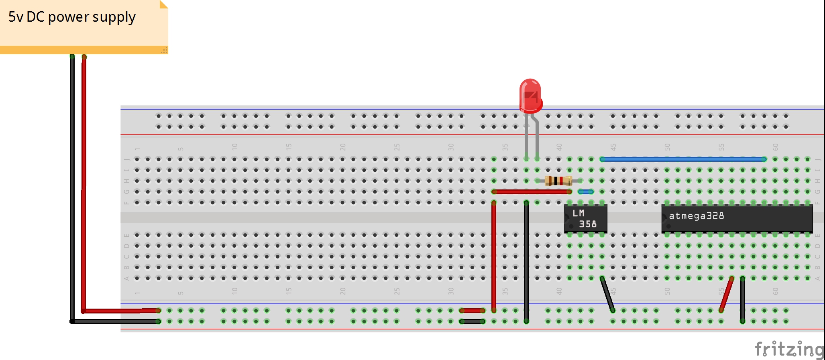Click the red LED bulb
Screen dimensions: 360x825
530,96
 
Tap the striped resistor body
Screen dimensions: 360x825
558,181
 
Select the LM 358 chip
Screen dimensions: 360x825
585,219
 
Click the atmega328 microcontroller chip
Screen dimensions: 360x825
737,219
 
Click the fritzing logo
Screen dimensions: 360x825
789,349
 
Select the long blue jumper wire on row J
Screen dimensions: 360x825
682,159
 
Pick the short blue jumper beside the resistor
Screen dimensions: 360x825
586,192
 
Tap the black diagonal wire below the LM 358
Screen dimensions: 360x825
607,294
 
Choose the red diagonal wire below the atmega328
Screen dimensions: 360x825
727,294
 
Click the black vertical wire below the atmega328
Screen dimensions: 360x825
743,299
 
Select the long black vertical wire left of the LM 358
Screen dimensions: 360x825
526,261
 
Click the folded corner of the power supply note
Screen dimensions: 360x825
163,4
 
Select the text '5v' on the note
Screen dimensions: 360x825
16,17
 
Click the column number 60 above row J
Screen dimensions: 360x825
775,147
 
